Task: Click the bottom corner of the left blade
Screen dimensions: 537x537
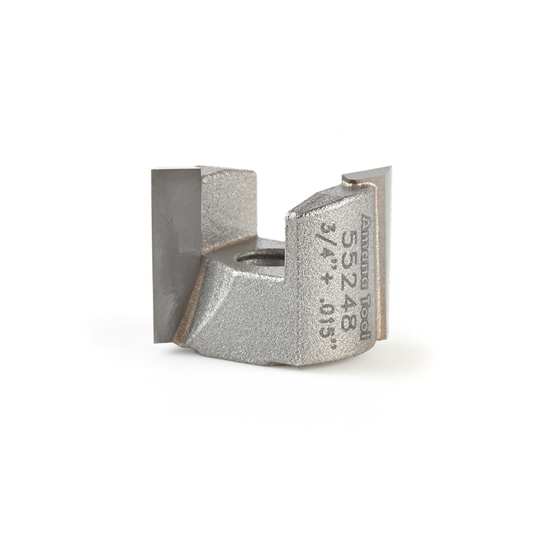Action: coord(156,340)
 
